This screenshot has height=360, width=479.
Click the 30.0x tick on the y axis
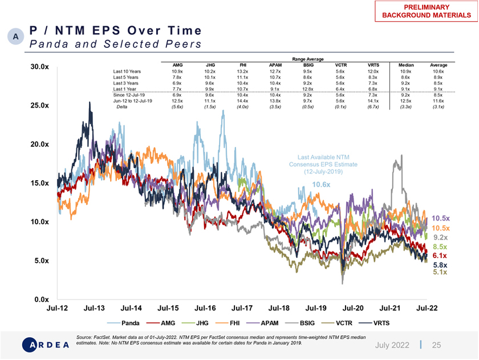[40, 67]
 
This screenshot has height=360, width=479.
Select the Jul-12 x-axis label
[57, 308]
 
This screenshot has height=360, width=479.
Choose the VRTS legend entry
[380, 322]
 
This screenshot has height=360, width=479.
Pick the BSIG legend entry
[300, 322]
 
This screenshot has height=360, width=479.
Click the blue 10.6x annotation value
[321, 185]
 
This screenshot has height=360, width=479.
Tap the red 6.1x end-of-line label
[439, 256]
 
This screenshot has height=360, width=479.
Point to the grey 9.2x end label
[440, 237]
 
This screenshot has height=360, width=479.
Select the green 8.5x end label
[439, 247]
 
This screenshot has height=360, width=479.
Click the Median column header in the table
[406, 66]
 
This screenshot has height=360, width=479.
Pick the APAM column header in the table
[275, 66]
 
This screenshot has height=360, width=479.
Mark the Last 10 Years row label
[127, 71]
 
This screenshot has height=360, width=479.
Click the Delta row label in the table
[122, 107]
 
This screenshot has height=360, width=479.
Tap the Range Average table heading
[308, 59]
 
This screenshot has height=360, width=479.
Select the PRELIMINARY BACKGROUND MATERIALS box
[426, 11]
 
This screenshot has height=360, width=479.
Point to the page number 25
[437, 345]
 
